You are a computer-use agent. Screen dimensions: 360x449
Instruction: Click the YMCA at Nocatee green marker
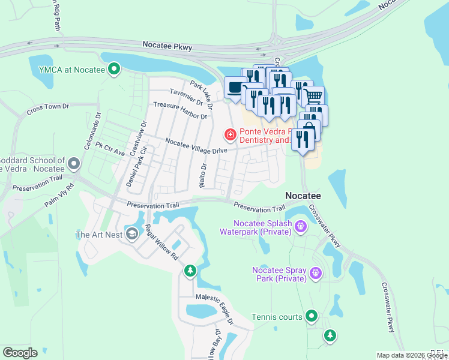[113, 70]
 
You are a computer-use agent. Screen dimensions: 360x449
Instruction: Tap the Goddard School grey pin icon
[74, 163]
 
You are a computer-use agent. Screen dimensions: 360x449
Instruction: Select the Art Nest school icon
[131, 234]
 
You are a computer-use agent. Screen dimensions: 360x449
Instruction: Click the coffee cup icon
[234, 88]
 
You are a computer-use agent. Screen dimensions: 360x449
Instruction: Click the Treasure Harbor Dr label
[179, 109]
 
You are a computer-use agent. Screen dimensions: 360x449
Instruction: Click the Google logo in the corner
[20, 352]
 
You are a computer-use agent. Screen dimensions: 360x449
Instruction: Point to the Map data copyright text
[412, 355]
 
